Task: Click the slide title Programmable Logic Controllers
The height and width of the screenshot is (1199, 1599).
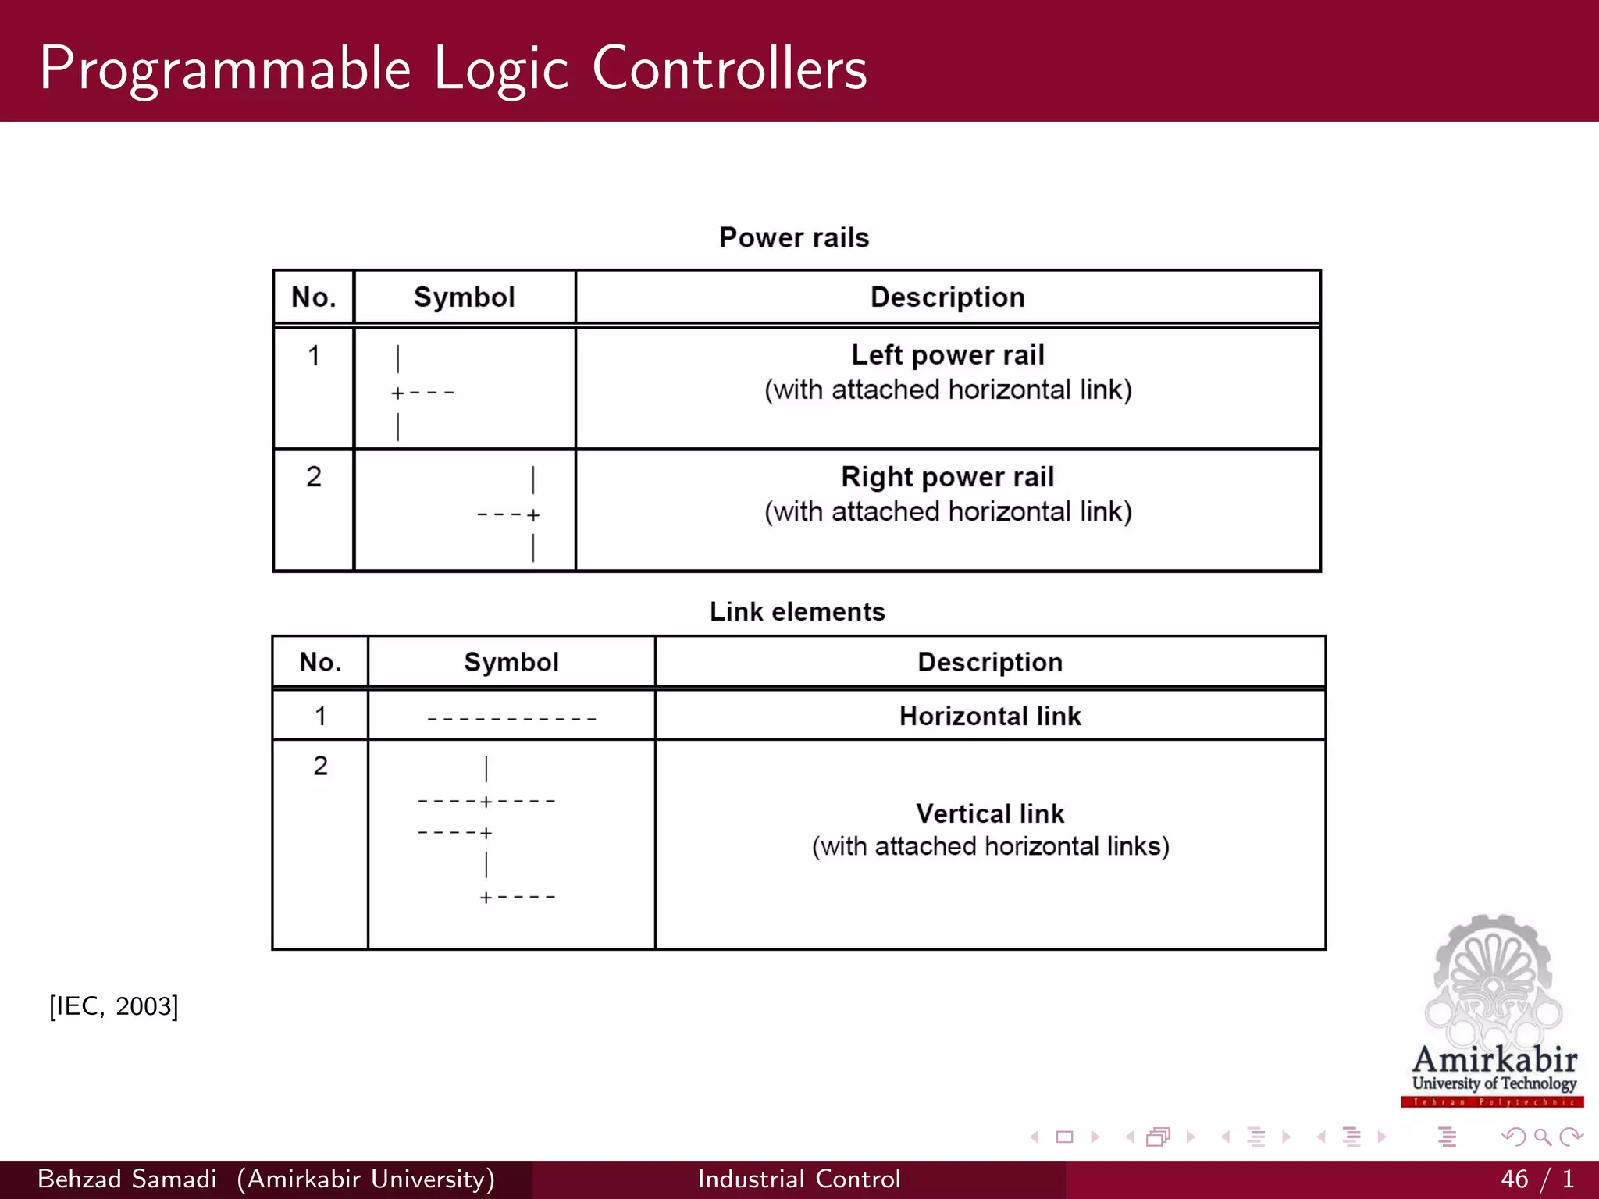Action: coord(453,69)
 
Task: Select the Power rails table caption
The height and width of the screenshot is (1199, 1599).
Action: coord(793,237)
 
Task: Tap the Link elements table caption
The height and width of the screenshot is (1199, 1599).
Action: coord(796,611)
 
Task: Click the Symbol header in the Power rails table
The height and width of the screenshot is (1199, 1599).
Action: coord(464,297)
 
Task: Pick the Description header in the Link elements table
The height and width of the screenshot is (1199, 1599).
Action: coord(989,662)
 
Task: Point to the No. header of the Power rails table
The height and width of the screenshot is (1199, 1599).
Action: coord(313,297)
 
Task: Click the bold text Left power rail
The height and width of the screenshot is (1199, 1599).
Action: coord(947,355)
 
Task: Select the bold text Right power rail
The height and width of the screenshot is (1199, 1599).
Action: coord(947,477)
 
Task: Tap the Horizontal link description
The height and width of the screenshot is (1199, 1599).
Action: coord(989,716)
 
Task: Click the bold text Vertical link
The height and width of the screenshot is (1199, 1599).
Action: coord(989,813)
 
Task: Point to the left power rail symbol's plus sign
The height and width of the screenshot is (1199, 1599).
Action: coord(397,393)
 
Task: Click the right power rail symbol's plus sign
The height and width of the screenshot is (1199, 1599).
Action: coord(533,515)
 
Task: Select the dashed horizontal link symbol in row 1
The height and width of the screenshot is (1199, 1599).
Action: coord(511,718)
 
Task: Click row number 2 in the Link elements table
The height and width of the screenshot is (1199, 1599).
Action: coord(320,766)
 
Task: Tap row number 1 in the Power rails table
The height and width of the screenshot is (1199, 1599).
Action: coord(313,356)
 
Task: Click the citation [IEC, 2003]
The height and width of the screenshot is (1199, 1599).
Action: coord(114,1006)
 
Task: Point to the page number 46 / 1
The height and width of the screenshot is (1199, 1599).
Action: coord(1537,1179)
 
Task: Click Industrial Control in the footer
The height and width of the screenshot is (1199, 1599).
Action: coord(799,1179)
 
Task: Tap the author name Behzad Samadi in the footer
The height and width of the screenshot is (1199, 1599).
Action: coord(127,1179)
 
